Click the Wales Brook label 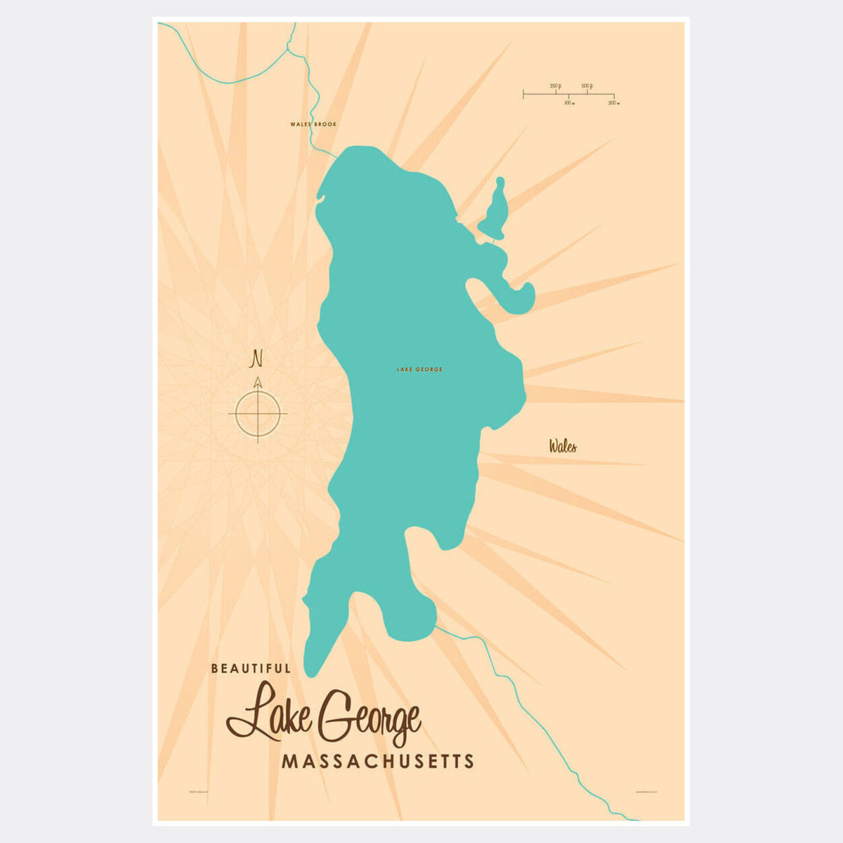coord(313,124)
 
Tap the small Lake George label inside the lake coord(419,370)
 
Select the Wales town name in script coord(563,446)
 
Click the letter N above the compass coord(257,359)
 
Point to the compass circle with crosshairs coord(258,413)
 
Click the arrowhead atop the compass coord(258,382)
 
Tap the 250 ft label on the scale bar coord(555,86)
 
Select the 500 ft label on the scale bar coord(587,86)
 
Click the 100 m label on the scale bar coord(569,103)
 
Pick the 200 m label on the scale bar coord(613,103)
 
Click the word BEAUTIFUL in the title coord(251,669)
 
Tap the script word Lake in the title coord(266,711)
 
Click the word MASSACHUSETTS coord(378,762)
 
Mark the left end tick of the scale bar coord(523,93)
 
